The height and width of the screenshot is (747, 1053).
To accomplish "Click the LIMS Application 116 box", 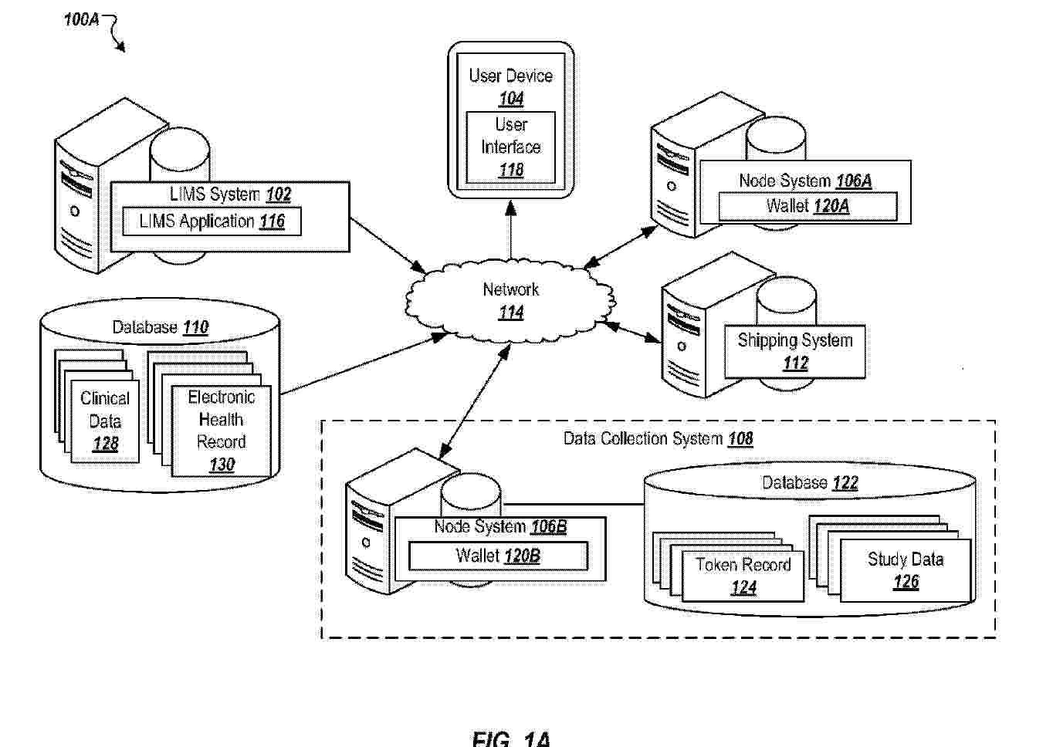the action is pyautogui.click(x=212, y=221).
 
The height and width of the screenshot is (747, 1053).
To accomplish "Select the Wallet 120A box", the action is pyautogui.click(x=808, y=206).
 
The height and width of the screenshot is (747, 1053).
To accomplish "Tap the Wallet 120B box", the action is pyautogui.click(x=498, y=556).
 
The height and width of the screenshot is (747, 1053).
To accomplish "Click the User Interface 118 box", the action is pyautogui.click(x=510, y=147).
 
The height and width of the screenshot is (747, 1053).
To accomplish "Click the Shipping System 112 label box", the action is pyautogui.click(x=795, y=351).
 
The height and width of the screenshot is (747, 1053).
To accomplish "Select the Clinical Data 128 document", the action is pyautogui.click(x=105, y=421).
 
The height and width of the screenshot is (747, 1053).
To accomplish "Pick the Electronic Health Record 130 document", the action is pyautogui.click(x=222, y=431).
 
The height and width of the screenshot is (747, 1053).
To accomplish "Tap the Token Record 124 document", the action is pyautogui.click(x=743, y=576).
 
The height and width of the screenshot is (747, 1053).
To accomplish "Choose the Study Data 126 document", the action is pyautogui.click(x=906, y=570).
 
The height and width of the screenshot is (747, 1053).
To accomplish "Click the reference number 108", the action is pyautogui.click(x=740, y=439).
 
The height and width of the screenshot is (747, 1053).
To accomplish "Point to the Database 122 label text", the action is pyautogui.click(x=810, y=483).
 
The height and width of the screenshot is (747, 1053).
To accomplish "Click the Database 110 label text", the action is pyautogui.click(x=161, y=327).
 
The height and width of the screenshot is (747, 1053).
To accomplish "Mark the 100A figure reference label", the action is pyautogui.click(x=81, y=19).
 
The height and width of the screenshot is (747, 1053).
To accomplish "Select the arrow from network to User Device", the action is pyautogui.click(x=511, y=230).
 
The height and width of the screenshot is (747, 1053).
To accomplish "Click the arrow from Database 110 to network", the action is pyautogui.click(x=364, y=363).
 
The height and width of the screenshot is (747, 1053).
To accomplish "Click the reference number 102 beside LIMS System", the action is pyautogui.click(x=278, y=194).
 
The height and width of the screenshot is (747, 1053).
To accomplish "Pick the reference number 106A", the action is pyautogui.click(x=854, y=181).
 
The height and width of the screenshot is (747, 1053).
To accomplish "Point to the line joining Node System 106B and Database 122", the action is pyautogui.click(x=573, y=504).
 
